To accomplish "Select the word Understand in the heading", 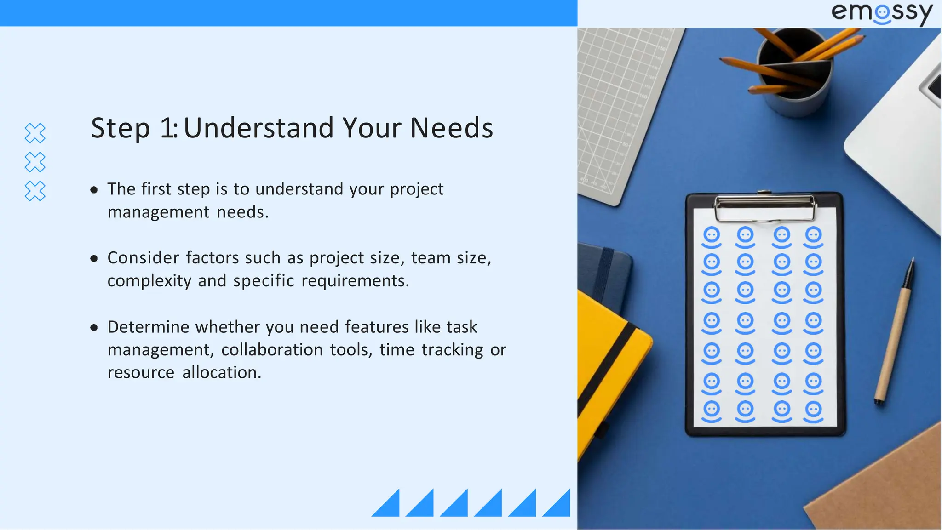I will (258, 128).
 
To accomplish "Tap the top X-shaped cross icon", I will (35, 133).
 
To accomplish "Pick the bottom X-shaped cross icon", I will (35, 191).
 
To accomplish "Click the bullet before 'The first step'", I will (94, 190).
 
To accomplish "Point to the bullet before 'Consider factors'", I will (94, 259).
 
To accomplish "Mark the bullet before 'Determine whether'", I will (94, 328).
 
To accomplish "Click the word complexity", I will (149, 281).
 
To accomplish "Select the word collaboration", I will (272, 350).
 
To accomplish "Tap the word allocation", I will (221, 372).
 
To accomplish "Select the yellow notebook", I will (607, 368).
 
